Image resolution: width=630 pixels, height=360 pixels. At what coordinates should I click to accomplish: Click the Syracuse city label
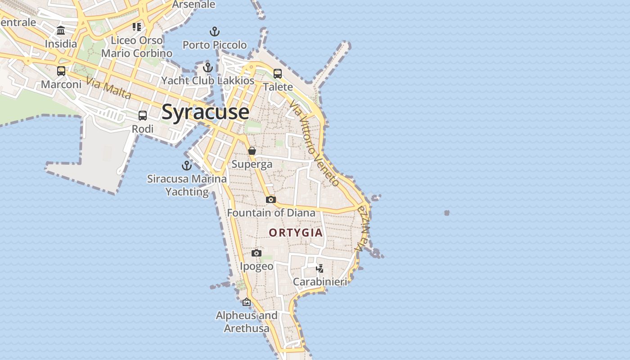(205, 112)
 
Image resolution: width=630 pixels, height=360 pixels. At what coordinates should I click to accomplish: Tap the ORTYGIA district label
(296, 233)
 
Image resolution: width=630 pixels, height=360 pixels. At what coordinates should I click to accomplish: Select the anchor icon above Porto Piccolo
(215, 31)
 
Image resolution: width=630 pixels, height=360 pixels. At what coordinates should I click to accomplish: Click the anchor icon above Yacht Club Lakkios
(207, 67)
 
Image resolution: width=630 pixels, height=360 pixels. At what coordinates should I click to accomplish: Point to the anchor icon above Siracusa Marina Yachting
(186, 166)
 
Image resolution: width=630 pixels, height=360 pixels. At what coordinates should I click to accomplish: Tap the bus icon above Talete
(278, 73)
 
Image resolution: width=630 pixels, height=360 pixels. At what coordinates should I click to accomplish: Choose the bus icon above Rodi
(143, 116)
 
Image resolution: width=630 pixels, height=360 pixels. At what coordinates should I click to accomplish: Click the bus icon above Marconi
(61, 71)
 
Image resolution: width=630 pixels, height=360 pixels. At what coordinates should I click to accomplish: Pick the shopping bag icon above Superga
(252, 151)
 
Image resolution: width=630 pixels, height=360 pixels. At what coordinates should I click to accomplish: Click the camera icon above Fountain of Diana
(270, 199)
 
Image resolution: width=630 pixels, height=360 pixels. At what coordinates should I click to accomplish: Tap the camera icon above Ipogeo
(256, 253)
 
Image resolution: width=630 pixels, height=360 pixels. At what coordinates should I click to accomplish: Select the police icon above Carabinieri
(320, 269)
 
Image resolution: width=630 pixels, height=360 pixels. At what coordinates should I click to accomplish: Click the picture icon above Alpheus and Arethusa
(246, 302)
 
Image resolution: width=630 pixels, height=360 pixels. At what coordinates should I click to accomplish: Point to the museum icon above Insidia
(61, 31)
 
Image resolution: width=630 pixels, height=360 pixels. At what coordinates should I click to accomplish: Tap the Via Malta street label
(108, 88)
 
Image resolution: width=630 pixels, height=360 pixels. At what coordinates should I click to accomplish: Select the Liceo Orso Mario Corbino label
(136, 47)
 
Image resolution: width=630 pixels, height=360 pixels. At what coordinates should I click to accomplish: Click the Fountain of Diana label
(271, 213)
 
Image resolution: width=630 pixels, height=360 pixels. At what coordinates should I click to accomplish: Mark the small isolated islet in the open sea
(447, 213)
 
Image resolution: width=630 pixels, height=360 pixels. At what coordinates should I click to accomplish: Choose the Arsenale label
(193, 4)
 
